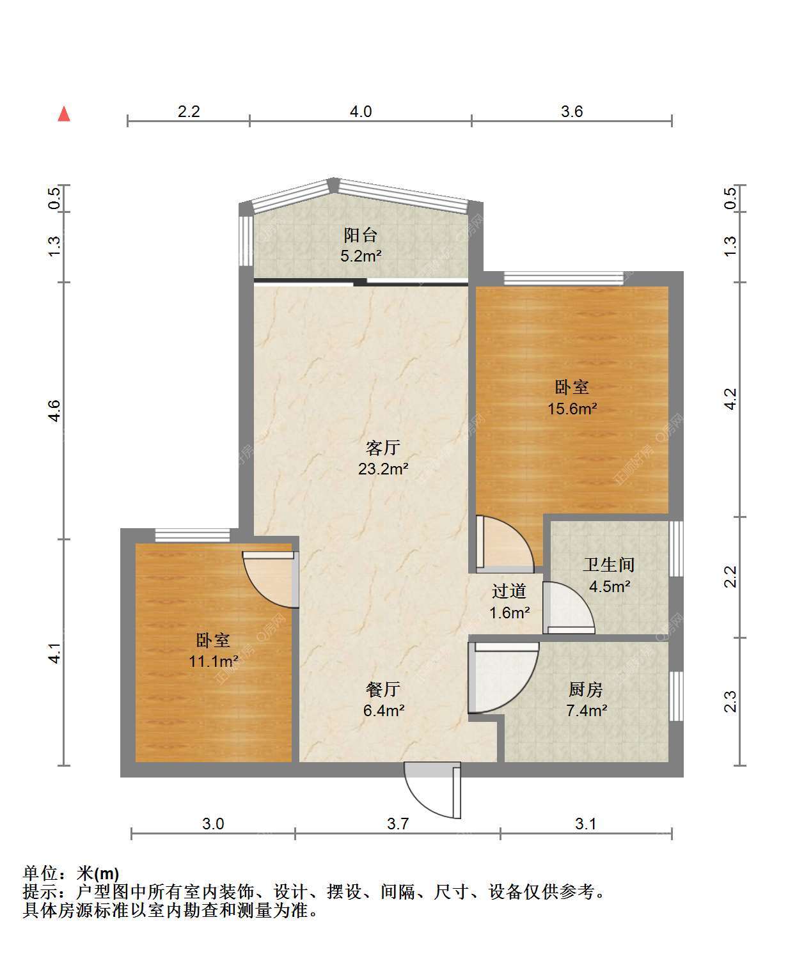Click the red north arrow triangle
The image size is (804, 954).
64,114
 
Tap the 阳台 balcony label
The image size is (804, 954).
361,235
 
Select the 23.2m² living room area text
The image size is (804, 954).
383,469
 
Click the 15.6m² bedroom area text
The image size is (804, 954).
572,409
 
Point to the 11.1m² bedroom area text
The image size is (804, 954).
214,661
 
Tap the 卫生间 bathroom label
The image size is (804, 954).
609,565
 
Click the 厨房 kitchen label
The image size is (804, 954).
586,689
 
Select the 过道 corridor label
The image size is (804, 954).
509,591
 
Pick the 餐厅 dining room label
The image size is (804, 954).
383,689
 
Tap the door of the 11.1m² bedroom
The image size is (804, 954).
271,579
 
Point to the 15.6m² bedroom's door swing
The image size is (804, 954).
505,544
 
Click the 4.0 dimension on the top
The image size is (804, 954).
361,111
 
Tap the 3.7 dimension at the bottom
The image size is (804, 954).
398,824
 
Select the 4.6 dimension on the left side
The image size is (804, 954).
54,411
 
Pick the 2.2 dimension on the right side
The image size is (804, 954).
730,577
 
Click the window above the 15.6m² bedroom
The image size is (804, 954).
564,278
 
